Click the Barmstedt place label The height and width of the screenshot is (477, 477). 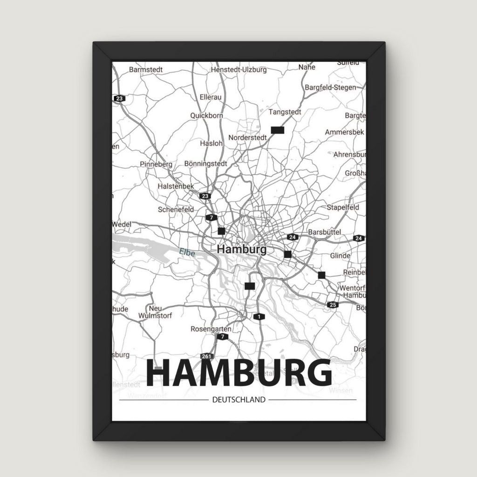tap(145, 69)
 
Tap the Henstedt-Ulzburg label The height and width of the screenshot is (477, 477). tap(238, 70)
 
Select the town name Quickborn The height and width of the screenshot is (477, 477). tap(206, 116)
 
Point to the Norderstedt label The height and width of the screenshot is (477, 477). tap(247, 138)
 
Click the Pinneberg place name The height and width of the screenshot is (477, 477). tap(156, 164)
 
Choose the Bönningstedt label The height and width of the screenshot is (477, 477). tap(205, 164)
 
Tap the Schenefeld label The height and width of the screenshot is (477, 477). tap(176, 210)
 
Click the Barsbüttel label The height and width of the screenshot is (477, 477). tap(325, 232)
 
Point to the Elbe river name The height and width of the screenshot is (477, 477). tap(187, 253)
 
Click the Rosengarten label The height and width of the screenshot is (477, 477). tap(211, 329)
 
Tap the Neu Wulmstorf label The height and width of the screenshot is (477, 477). tap(155, 312)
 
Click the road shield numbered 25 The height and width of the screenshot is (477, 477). tap(332, 305)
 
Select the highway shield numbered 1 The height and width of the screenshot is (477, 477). tap(258, 317)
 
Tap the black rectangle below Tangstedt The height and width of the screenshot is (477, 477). tap(277, 130)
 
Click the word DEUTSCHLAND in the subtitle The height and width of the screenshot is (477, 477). tap(238, 400)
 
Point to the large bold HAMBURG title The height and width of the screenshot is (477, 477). tap(238, 374)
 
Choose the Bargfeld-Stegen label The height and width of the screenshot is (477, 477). tap(330, 87)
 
